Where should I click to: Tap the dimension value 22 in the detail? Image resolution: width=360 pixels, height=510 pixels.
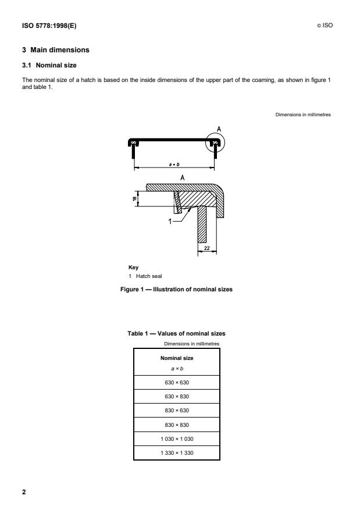(x=207, y=248)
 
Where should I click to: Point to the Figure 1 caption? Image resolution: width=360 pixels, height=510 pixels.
(x=176, y=289)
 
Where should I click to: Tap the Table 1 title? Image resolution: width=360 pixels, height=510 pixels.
(x=176, y=333)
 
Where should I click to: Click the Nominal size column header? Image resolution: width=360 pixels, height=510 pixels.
(x=176, y=358)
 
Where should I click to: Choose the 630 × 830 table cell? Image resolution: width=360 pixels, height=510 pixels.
(x=176, y=397)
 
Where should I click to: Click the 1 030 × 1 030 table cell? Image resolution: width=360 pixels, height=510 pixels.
(x=176, y=439)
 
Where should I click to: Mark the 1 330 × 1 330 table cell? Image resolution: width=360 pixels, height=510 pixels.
(x=176, y=453)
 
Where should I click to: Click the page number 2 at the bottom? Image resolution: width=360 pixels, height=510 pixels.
(x=24, y=493)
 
